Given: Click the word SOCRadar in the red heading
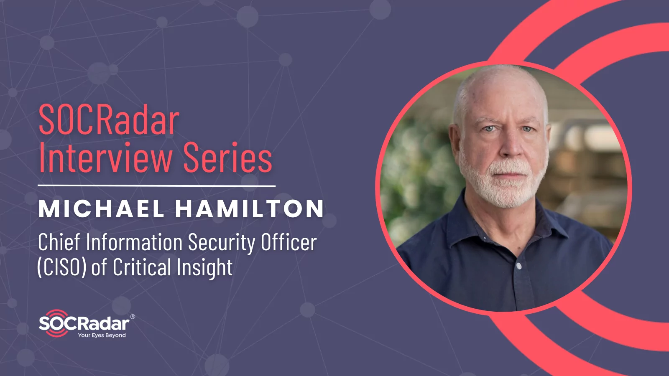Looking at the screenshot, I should pos(109,120).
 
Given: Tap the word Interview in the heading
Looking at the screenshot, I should pos(105,158).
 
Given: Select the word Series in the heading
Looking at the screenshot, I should pos(228,158).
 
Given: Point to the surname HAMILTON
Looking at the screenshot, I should pos(250,208).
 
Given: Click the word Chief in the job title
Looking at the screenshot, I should pos(59,242).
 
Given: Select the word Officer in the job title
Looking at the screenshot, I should pos(289,242).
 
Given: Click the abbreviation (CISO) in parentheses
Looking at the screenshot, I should pos(62,267).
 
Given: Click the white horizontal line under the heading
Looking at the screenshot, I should pos(156,185).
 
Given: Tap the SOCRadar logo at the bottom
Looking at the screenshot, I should pos(84,323).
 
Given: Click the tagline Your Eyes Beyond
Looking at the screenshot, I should pos(102,335).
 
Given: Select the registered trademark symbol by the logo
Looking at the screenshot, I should pos(133,317).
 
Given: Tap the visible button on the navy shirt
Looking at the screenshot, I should pos(519,266).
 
